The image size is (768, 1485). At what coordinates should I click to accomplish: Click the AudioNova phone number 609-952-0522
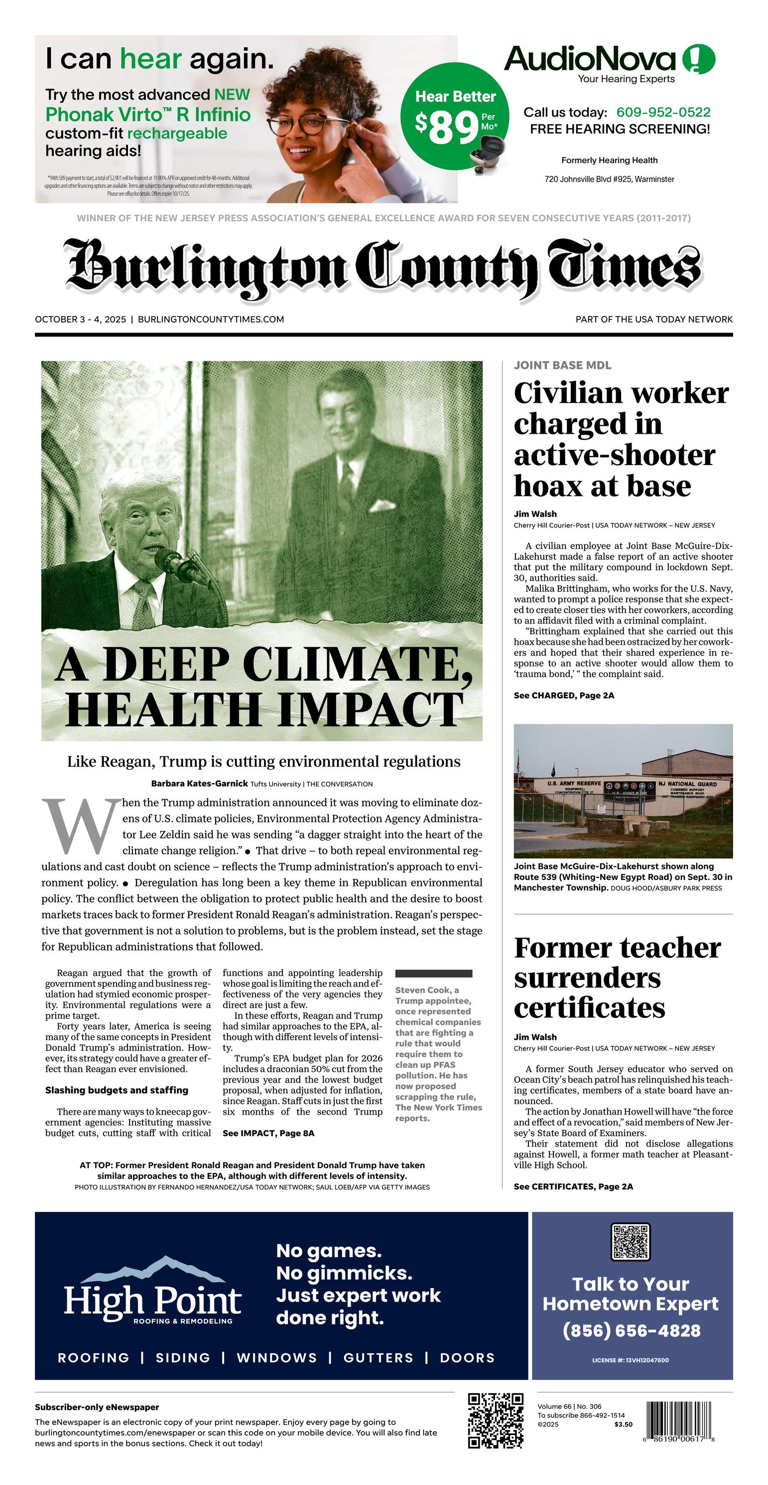[663, 113]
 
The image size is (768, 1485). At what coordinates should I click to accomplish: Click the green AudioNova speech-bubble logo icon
[699, 59]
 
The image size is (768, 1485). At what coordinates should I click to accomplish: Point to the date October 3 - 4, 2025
[80, 320]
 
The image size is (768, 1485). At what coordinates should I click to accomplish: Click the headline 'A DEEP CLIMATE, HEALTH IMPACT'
[262, 686]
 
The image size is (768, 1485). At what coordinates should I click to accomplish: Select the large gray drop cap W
[79, 826]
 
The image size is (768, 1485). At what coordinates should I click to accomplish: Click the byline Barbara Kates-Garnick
[199, 784]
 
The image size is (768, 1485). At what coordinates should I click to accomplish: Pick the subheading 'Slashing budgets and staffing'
[117, 1090]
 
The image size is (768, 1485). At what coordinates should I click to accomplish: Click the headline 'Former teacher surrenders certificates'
[617, 978]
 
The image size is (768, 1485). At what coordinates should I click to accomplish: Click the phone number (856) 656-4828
[632, 1330]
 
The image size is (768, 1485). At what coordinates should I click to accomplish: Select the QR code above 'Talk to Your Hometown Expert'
[631, 1241]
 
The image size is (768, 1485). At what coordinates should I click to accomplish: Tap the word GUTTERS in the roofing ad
[378, 1357]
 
